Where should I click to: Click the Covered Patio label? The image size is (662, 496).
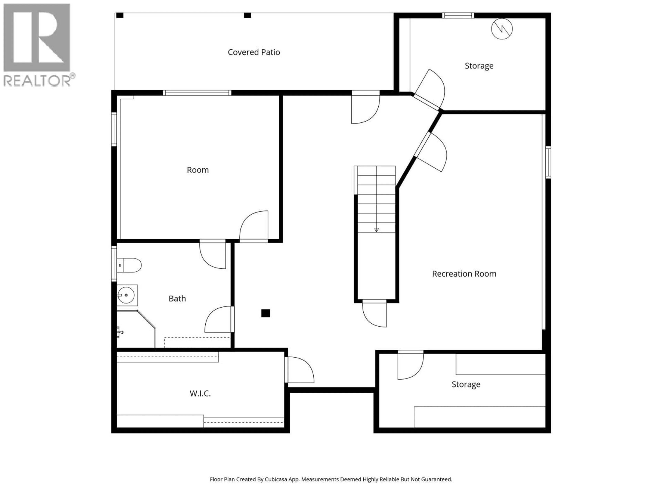(254, 52)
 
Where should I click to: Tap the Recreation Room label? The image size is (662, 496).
(464, 274)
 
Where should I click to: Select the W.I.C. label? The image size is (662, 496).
(200, 394)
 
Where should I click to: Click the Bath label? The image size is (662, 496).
(177, 299)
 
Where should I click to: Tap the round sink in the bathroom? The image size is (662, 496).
(126, 295)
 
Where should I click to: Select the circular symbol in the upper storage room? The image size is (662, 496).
(502, 29)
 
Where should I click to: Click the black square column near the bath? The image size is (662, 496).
(265, 313)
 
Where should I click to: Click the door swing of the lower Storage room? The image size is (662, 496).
(410, 366)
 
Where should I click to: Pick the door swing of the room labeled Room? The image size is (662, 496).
(254, 226)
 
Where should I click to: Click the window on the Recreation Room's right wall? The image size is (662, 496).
(548, 162)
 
